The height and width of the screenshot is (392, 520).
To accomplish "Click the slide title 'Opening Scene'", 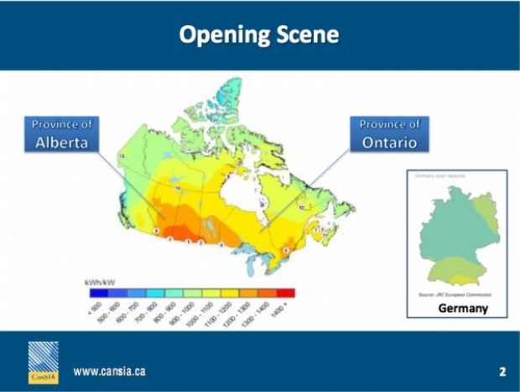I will (259, 35).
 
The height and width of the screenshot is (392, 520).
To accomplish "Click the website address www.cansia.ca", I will (114, 371).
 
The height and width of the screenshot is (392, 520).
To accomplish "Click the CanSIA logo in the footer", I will (44, 362).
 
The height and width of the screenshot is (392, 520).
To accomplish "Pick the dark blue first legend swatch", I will (96, 293).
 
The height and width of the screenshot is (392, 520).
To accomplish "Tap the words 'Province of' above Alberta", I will (61, 124).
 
